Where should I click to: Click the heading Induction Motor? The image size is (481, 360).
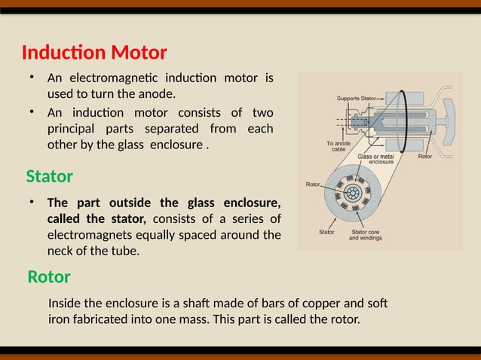pyautogui.click(x=93, y=53)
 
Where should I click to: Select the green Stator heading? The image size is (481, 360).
pyautogui.click(x=49, y=177)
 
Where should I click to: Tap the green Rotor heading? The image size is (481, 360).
pyautogui.click(x=48, y=277)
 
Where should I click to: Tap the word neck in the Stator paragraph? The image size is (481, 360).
pyautogui.click(x=61, y=251)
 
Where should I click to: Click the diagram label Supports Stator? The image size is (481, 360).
pyautogui.click(x=356, y=99)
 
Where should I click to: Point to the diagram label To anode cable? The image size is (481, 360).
pyautogui.click(x=337, y=146)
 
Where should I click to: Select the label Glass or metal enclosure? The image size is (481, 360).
pyautogui.click(x=380, y=159)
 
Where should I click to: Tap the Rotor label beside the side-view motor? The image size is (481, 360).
pyautogui.click(x=424, y=157)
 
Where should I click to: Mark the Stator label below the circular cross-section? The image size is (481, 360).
pyautogui.click(x=326, y=232)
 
